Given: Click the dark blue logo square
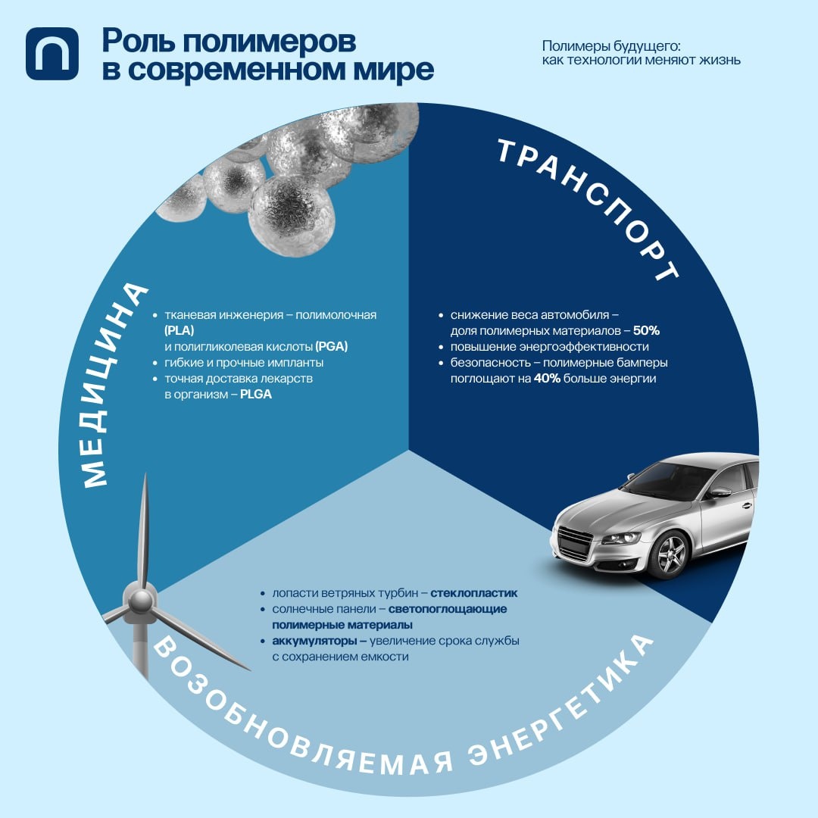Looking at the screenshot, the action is click(x=52, y=53).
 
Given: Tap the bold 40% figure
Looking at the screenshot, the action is click(x=547, y=379).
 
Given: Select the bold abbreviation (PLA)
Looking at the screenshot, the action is click(x=179, y=331).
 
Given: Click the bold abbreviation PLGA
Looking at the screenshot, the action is click(x=256, y=395).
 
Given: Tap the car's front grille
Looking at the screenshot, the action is click(x=574, y=542).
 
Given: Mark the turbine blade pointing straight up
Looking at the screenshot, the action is click(x=142, y=530).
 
